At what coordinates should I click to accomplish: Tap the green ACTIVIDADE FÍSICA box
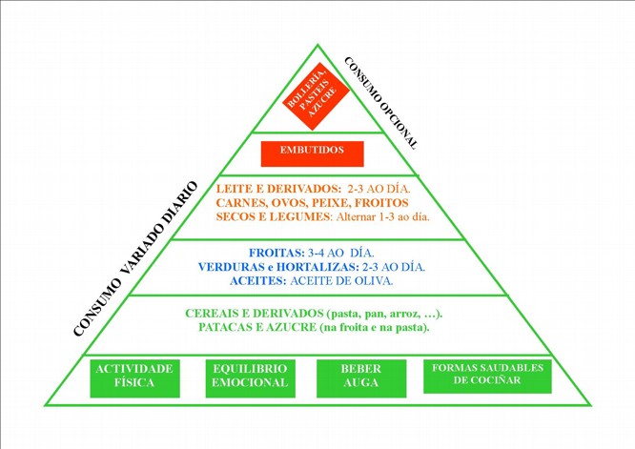point(134,377)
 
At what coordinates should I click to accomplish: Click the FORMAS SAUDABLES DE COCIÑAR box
point(488,375)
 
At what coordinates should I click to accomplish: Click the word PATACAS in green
point(229,328)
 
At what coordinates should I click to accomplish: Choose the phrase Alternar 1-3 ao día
point(381,216)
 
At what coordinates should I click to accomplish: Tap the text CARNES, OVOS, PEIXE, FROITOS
point(313,203)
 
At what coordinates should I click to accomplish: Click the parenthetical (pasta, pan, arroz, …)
point(385,314)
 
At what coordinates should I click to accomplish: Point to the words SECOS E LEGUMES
point(273,216)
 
